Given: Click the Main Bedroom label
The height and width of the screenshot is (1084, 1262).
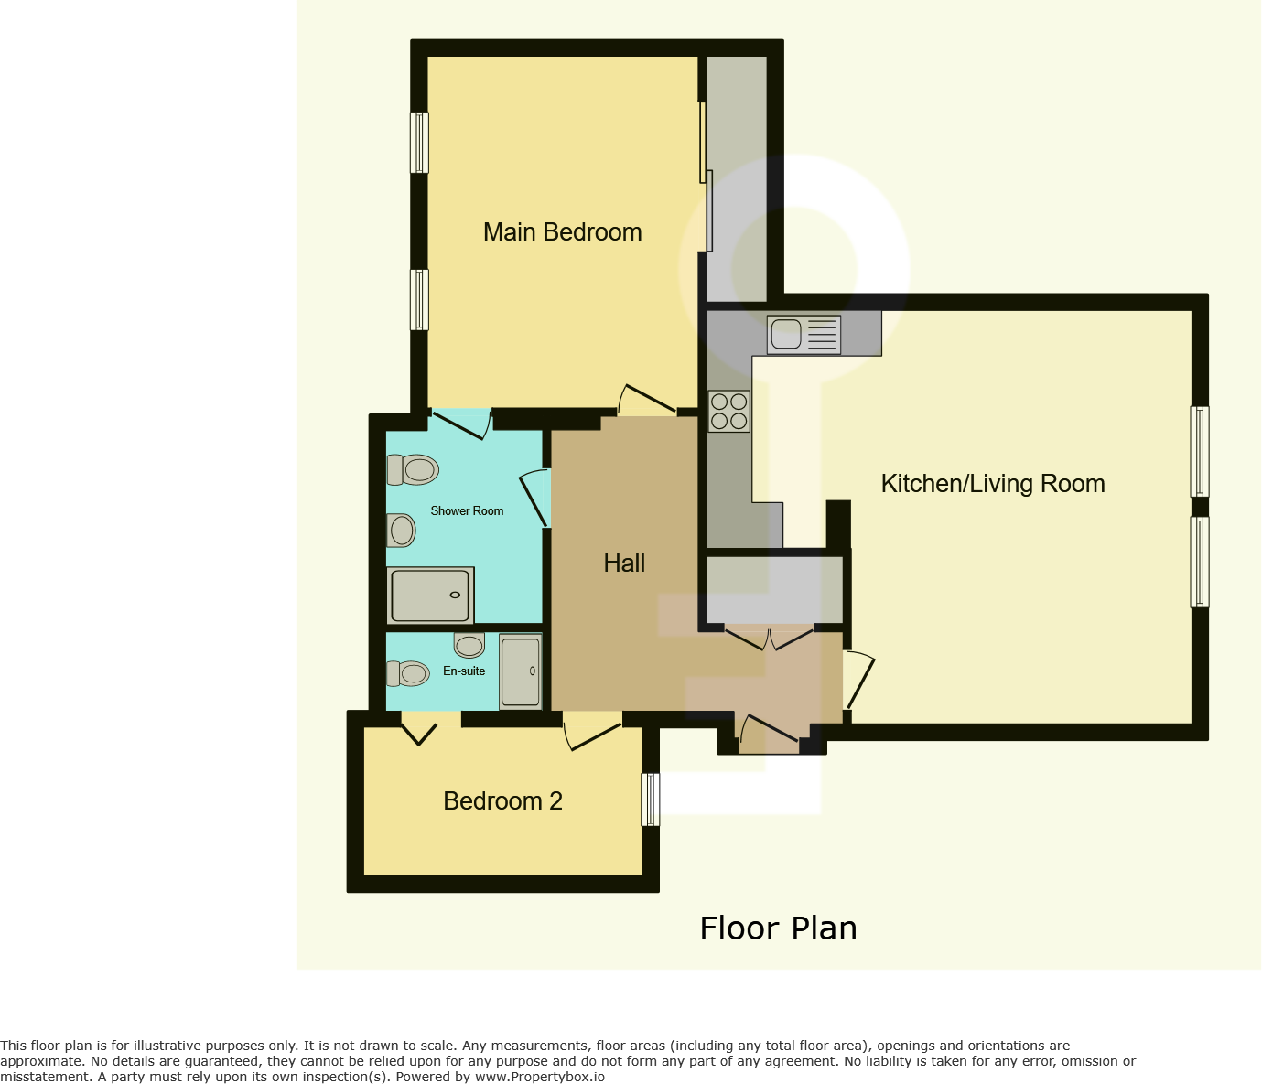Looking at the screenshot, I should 562,232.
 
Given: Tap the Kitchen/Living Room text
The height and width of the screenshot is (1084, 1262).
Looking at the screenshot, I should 992,484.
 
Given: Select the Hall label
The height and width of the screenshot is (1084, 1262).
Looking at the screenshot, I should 624,563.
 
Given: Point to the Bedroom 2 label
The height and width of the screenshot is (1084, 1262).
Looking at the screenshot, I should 502,801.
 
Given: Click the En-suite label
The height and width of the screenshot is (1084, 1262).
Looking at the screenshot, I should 464,671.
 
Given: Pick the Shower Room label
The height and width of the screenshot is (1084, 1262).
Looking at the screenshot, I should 467,511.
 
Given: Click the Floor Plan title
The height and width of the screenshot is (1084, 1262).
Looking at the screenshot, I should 778,928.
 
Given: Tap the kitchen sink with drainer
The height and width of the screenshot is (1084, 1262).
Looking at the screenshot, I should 804,335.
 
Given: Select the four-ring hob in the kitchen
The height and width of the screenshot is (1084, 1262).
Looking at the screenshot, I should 728,411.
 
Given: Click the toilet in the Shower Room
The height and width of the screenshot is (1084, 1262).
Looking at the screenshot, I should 413,470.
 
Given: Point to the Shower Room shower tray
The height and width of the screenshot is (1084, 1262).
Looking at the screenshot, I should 430,596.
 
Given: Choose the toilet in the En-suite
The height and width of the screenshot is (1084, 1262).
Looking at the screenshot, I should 407,674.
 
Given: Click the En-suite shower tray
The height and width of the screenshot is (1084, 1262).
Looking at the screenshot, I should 521,671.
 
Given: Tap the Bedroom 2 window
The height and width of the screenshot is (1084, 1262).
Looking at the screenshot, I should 650,800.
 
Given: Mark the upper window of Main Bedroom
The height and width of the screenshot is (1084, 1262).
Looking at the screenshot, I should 419,143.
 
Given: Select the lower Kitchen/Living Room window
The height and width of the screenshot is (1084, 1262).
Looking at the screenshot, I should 1199,562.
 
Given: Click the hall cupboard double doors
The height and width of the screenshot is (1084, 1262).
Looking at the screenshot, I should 769,638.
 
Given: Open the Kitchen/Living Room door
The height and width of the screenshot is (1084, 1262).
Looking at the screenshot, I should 858,680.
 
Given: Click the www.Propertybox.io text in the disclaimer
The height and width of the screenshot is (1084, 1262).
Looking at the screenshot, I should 539,1077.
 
